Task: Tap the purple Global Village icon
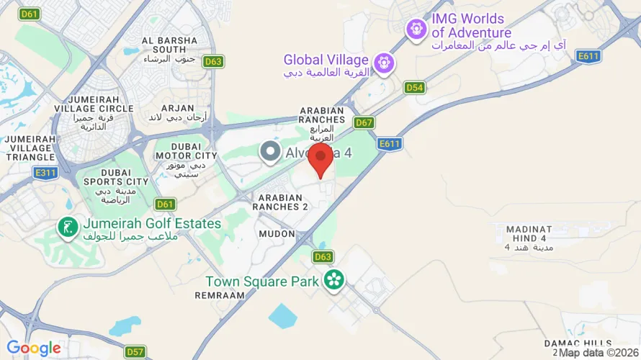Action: [x=385, y=63]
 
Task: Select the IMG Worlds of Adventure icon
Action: [x=416, y=30]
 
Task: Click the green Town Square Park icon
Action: [x=333, y=280]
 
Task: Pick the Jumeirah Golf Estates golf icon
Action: [x=68, y=228]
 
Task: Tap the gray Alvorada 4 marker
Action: [x=270, y=152]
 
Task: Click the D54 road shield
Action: [x=414, y=88]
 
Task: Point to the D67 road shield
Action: [x=364, y=122]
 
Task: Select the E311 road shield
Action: [x=45, y=173]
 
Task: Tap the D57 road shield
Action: [x=135, y=352]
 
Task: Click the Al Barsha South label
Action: [x=169, y=45]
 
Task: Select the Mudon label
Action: [x=277, y=234]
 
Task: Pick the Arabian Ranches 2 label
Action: [x=283, y=202]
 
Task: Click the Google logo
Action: [x=34, y=349]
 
